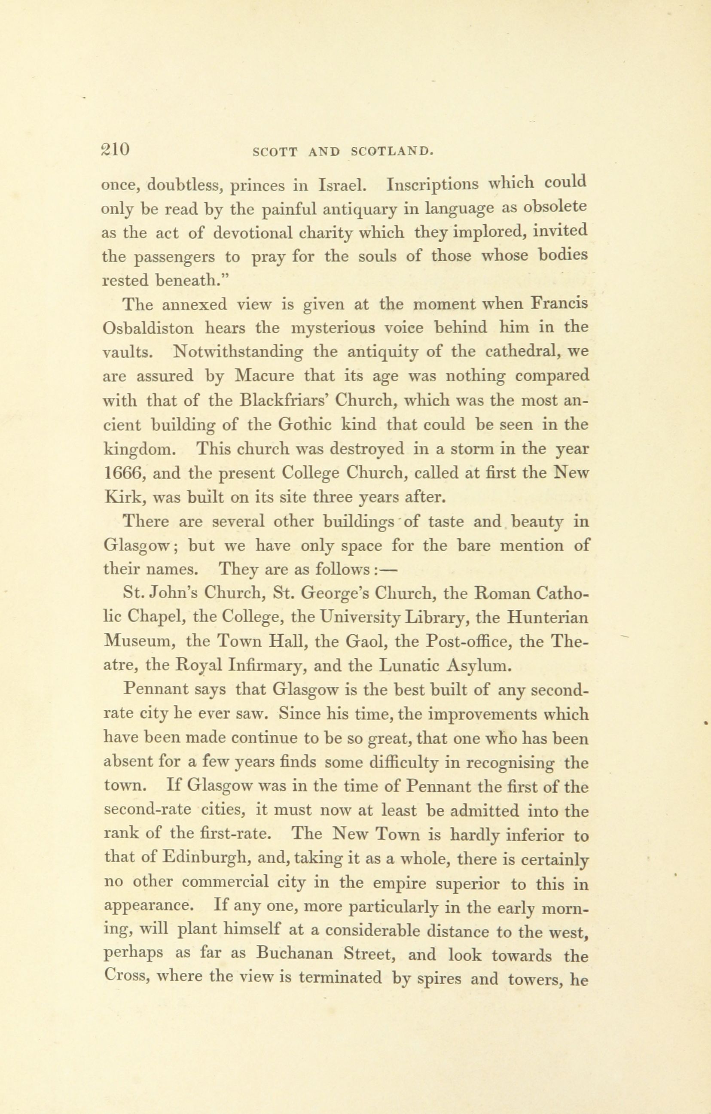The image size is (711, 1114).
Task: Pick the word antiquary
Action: pos(359,210)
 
